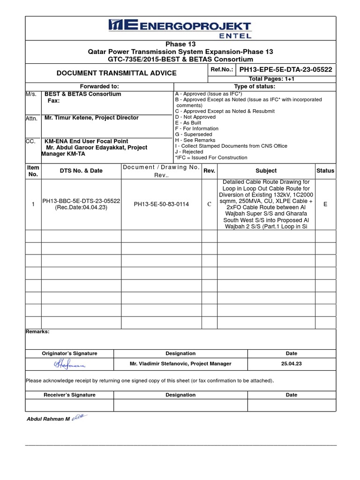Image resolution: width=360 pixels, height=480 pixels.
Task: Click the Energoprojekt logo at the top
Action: (180, 28)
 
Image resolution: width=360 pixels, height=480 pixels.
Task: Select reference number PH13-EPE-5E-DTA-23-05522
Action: (285, 69)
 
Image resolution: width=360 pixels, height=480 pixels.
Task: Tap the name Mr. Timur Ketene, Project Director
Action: (91, 118)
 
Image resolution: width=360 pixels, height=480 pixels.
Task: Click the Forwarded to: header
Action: (99, 87)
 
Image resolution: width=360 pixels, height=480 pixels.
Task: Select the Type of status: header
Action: (255, 87)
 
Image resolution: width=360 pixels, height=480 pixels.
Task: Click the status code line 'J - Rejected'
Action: (189, 152)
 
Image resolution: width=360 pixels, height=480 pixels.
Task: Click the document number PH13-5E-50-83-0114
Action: (161, 204)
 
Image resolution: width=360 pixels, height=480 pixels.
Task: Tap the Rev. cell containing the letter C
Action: (209, 204)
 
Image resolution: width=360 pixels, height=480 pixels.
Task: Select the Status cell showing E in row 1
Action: (325, 204)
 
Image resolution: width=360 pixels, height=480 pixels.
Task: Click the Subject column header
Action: (266, 171)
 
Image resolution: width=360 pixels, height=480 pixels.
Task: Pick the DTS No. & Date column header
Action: (81, 171)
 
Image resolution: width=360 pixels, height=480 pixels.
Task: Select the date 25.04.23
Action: (291, 364)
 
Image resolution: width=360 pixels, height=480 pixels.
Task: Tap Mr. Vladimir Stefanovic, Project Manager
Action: (180, 364)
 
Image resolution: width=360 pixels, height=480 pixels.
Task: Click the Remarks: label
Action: (37, 331)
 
